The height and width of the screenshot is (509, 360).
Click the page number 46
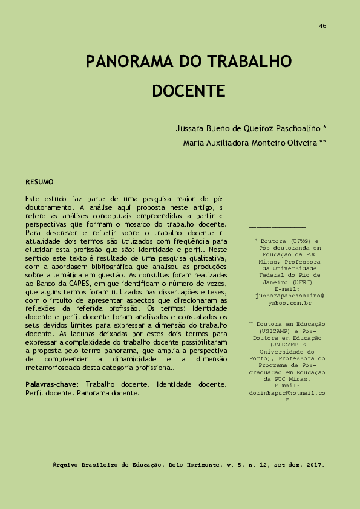tap(322, 26)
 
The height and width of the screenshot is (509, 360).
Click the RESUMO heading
tap(39, 182)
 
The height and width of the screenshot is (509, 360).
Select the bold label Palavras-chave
tap(53, 384)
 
